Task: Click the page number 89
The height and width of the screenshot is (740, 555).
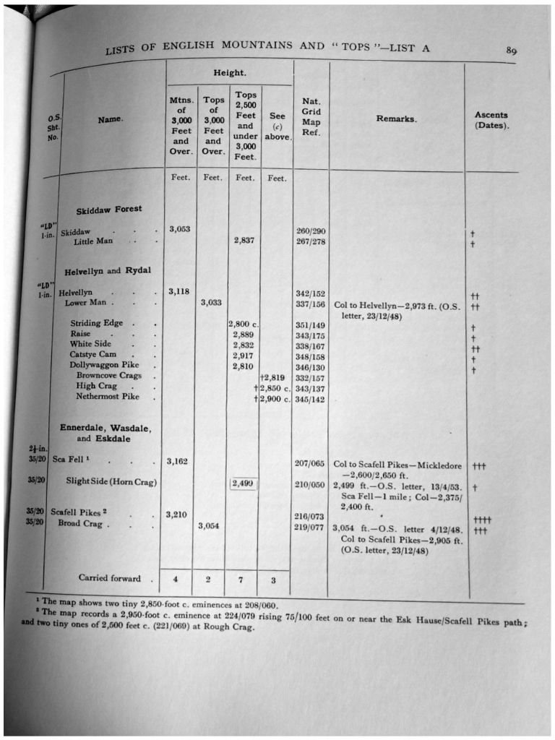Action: [x=511, y=51]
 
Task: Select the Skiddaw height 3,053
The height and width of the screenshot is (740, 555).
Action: [x=179, y=229]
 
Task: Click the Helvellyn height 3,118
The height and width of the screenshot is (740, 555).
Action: [x=179, y=291]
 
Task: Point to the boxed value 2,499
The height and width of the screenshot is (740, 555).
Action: [x=244, y=484]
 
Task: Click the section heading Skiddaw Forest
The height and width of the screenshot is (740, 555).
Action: [x=109, y=210]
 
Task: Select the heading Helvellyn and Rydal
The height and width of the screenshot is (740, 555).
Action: [x=107, y=271]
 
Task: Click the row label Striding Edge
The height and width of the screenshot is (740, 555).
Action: [x=96, y=323]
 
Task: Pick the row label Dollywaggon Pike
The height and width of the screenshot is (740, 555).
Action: [x=104, y=365]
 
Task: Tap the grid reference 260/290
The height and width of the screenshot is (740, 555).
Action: [x=311, y=231]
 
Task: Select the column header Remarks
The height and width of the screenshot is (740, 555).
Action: [x=396, y=119]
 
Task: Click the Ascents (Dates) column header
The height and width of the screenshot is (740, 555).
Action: [x=491, y=120]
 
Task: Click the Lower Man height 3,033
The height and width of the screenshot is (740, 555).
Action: [x=211, y=303]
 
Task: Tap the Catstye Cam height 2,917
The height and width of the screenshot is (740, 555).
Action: [x=244, y=355]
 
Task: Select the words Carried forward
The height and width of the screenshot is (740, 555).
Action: [x=111, y=577]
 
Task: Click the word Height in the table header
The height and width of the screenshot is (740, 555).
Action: [x=228, y=74]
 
